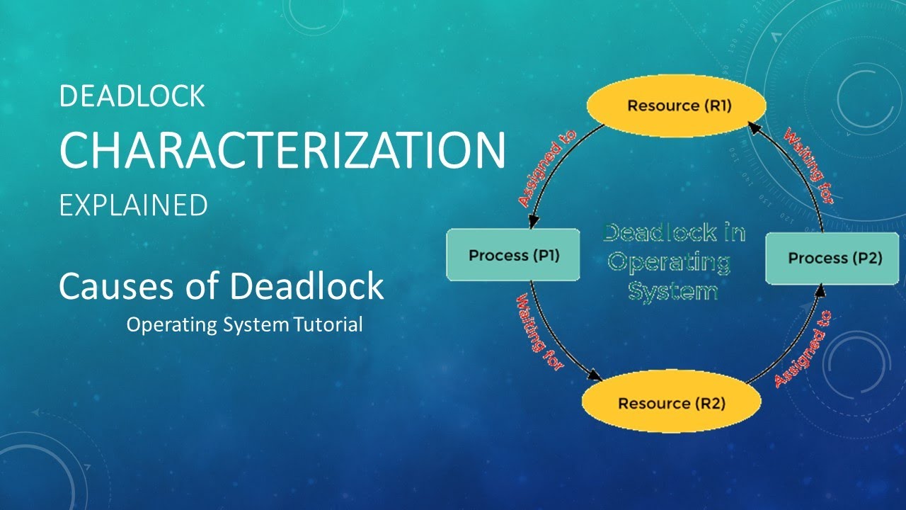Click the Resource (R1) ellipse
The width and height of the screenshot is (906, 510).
(677, 106)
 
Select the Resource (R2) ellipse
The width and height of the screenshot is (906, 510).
(671, 403)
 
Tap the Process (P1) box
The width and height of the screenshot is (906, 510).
(514, 255)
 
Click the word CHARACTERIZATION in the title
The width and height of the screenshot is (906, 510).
(282, 150)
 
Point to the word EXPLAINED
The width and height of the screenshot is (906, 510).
(133, 205)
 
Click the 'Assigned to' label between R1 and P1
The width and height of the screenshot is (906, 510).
(547, 169)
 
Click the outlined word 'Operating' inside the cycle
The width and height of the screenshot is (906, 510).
(669, 262)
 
